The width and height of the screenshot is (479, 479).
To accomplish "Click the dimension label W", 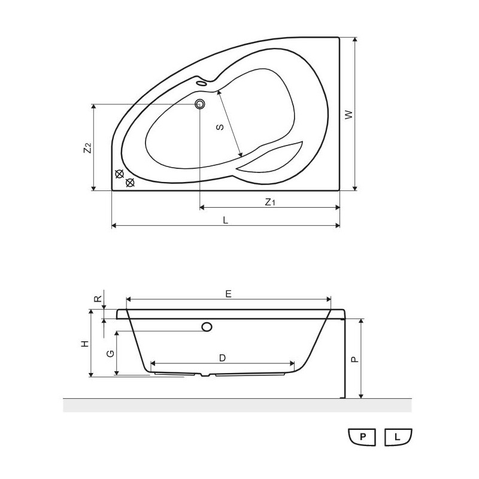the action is click(349, 115).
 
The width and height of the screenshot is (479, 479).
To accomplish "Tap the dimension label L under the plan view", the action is click(226, 220).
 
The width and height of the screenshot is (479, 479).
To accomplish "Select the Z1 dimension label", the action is click(270, 202).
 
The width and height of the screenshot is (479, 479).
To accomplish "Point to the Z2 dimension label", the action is click(87, 148).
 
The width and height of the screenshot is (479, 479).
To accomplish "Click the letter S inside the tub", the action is click(220, 127).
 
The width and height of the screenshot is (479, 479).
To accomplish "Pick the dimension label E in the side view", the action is click(229, 294).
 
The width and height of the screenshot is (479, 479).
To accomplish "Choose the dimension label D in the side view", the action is click(222, 357).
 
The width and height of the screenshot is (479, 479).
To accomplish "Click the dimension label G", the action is click(110, 353).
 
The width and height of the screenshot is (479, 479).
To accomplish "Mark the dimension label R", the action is click(98, 298).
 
